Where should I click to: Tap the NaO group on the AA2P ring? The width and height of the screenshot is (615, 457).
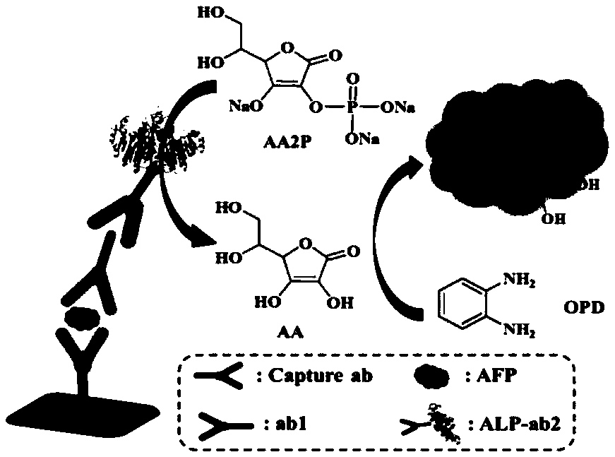pyautogui.click(x=246, y=106)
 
